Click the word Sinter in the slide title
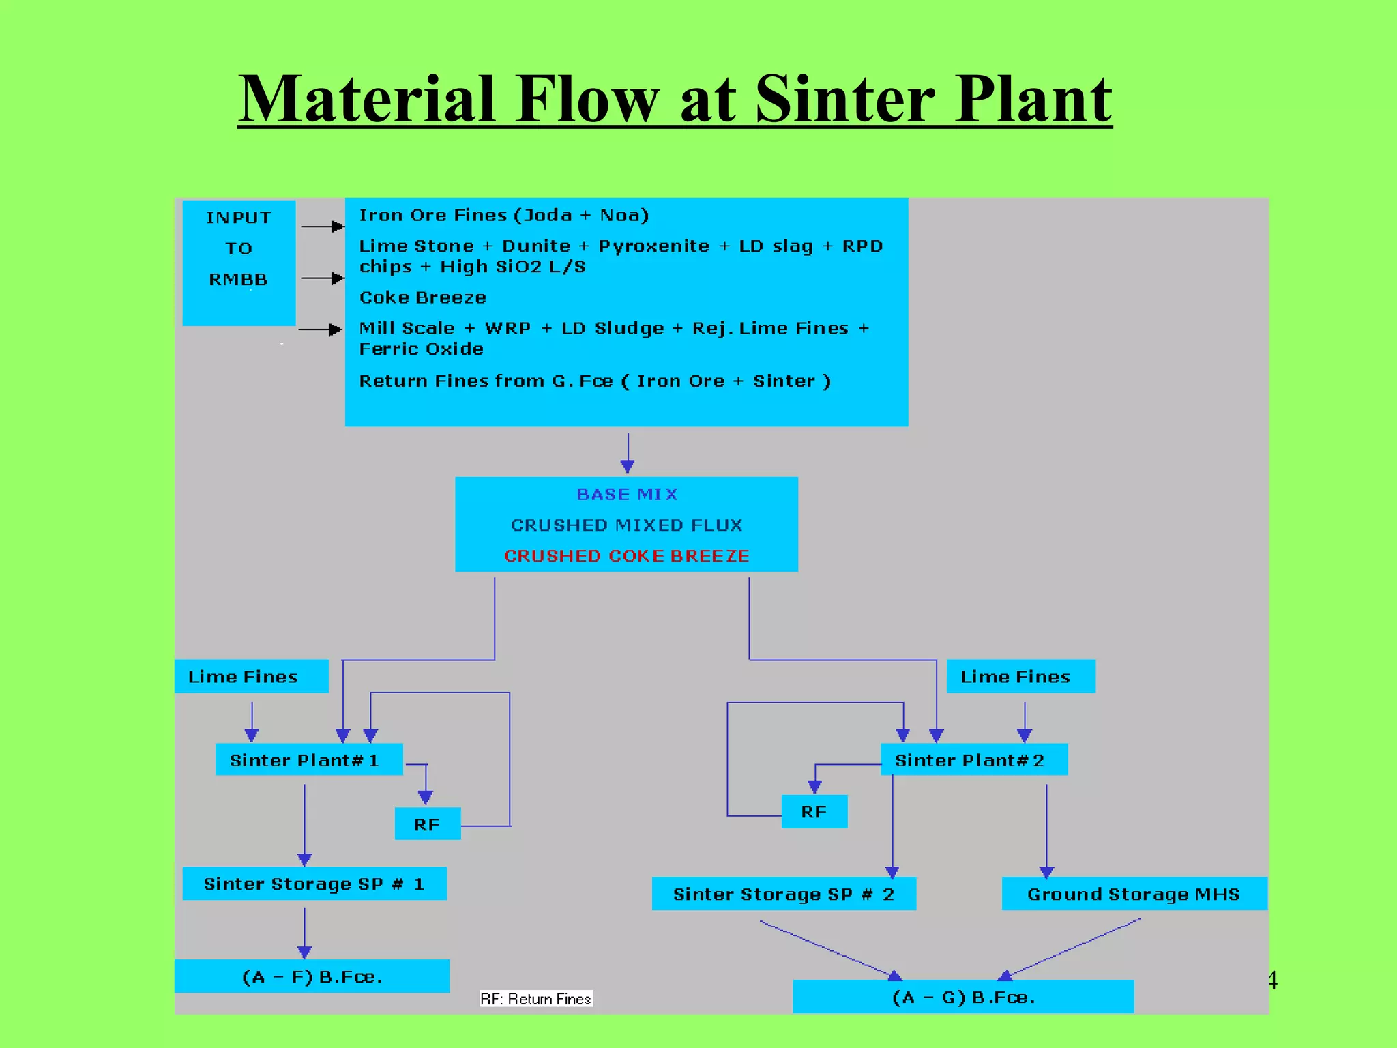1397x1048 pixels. [846, 101]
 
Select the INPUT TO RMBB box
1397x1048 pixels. [239, 262]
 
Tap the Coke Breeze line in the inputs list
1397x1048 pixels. [422, 297]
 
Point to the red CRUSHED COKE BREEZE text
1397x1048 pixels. [626, 556]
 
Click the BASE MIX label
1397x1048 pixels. [627, 494]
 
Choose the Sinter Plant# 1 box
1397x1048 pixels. [308, 759]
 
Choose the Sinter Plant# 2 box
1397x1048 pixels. [973, 759]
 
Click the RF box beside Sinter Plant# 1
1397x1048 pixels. [428, 824]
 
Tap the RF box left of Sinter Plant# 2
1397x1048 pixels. [814, 811]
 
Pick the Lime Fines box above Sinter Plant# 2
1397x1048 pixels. [1020, 676]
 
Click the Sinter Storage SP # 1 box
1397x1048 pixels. [314, 884]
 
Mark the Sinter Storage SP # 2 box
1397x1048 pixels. [783, 894]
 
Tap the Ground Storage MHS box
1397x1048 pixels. [1134, 894]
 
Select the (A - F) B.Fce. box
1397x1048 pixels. [312, 976]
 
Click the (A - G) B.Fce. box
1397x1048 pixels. [962, 997]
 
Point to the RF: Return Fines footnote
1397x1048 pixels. [535, 999]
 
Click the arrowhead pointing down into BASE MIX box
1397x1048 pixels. [628, 466]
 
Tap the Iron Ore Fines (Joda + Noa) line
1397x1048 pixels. [503, 216]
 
